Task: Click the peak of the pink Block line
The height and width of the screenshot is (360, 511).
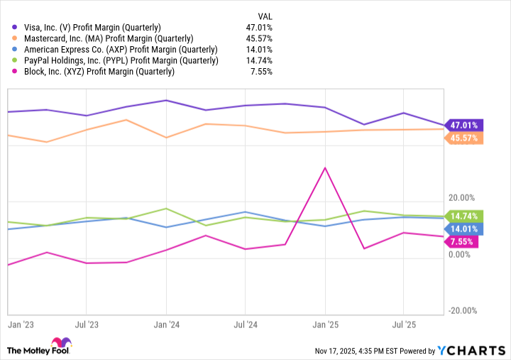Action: pos(325,168)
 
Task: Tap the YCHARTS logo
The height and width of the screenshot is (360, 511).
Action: pos(472,350)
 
